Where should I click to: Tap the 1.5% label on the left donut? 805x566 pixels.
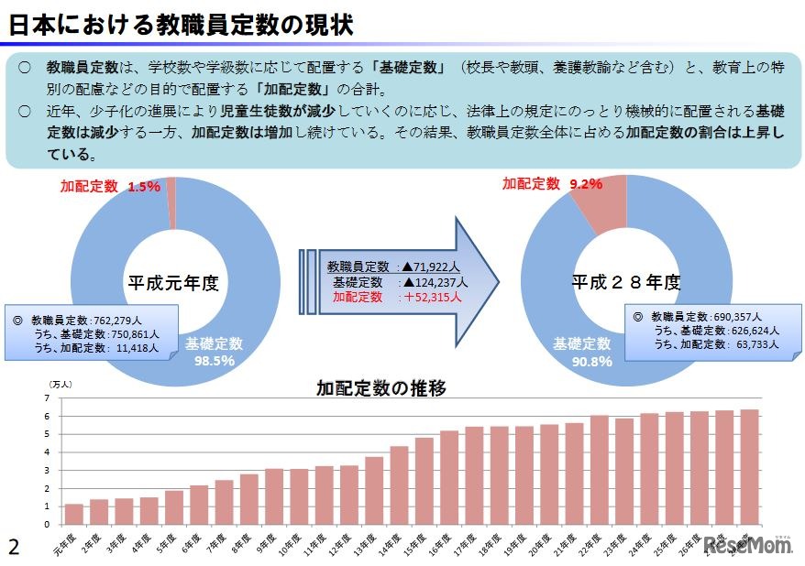tap(144, 186)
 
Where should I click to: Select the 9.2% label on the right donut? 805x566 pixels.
tap(585, 183)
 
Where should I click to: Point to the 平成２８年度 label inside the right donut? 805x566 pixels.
tap(626, 282)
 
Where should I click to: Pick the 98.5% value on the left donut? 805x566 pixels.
tap(215, 361)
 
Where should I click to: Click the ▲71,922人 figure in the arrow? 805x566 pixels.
tap(436, 267)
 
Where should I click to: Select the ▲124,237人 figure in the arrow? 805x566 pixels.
tap(434, 282)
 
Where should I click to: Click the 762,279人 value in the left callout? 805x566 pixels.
tap(125, 321)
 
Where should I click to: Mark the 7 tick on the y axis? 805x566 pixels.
tap(47, 398)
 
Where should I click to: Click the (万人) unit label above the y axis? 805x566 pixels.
tap(59, 385)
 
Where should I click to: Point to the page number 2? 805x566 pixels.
tap(13, 547)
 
